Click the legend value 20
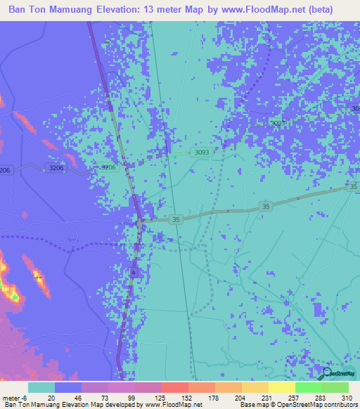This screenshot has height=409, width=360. [x=51, y=398]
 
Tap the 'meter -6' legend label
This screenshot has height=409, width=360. [x=15, y=398]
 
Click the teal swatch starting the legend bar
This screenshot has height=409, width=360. [x=41, y=387]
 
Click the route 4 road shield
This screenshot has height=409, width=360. [x=133, y=271]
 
